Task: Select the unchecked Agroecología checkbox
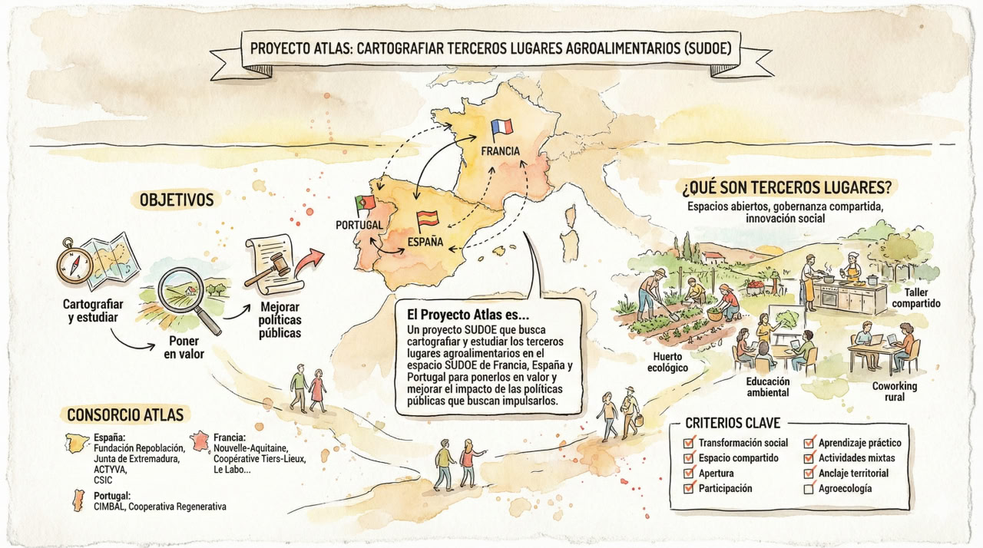point(809,488)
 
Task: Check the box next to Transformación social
point(688,443)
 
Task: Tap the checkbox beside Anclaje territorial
point(809,473)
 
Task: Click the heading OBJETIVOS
point(177,200)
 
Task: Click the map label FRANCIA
point(501,151)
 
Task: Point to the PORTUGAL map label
point(359,226)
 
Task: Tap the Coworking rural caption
point(895,391)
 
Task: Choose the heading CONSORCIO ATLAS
point(125,415)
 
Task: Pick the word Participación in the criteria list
point(725,488)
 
